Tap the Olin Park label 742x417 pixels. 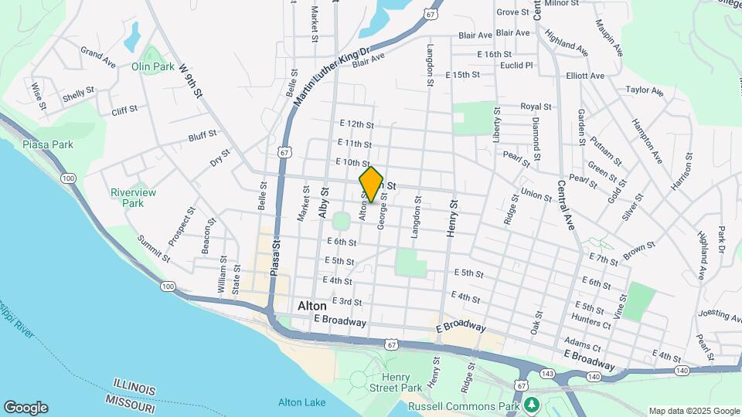point(152,67)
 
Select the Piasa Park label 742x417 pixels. point(48,144)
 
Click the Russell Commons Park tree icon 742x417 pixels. point(531,405)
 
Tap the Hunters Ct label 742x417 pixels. point(591,325)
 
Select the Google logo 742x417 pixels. point(25,408)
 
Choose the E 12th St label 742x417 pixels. point(356,124)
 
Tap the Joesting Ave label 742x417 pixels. point(720,314)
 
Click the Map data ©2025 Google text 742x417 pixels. point(694,411)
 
